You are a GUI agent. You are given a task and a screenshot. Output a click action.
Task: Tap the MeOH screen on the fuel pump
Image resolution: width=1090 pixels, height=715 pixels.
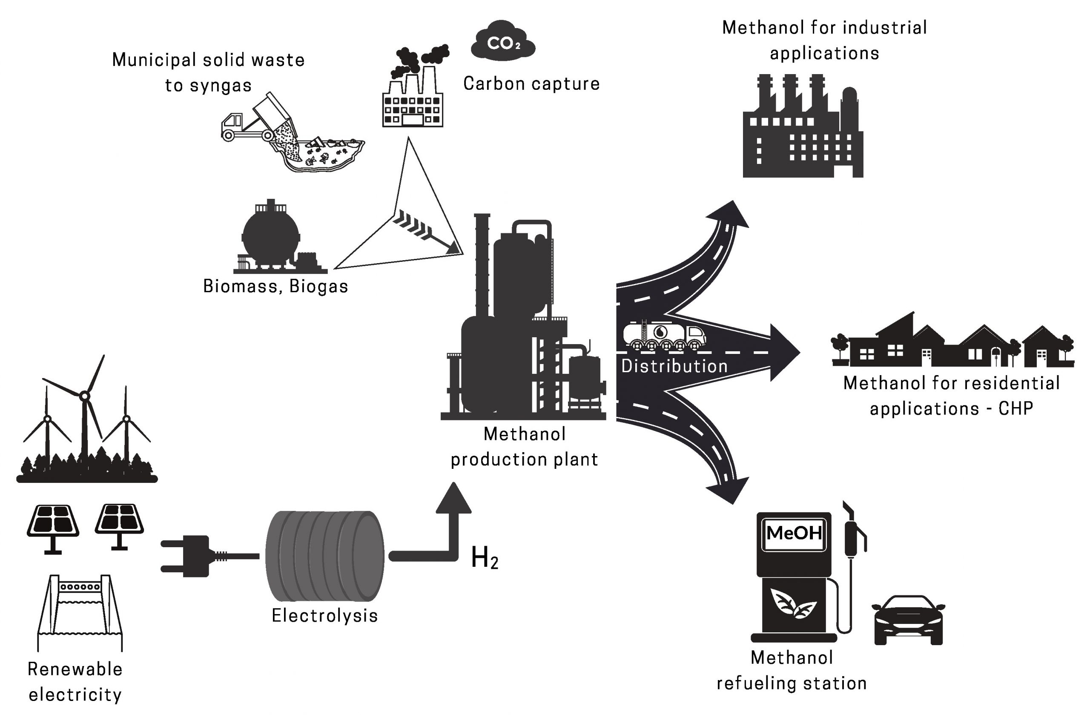[794, 533]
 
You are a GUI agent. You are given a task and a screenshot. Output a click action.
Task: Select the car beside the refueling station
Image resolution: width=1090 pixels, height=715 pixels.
[909, 620]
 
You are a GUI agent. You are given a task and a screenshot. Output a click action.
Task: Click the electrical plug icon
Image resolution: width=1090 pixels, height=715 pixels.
[192, 556]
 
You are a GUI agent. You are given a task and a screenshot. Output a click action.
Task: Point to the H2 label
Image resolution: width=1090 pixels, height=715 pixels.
[484, 558]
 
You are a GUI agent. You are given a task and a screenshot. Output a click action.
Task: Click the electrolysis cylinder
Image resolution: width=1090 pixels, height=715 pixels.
[325, 556]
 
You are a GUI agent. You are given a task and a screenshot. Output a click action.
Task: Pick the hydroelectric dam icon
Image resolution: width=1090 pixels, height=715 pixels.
[80, 612]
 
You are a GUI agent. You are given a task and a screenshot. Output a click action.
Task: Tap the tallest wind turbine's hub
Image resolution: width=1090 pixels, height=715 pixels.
[84, 395]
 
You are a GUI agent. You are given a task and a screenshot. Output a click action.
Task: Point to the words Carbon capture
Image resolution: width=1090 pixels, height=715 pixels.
[531, 84]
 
